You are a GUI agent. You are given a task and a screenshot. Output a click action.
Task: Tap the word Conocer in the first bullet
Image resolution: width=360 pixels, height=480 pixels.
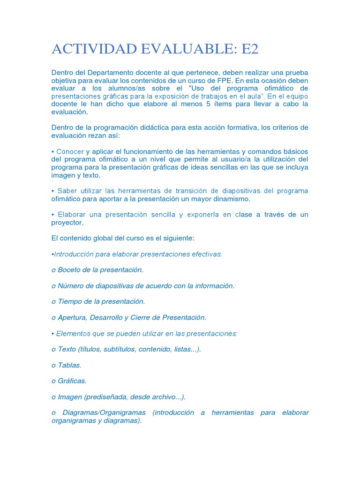coord(70,151)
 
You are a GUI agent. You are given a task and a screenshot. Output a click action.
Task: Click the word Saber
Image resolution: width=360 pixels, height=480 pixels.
coord(67,191)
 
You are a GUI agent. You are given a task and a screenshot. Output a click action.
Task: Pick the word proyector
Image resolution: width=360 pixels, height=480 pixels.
coord(66,223)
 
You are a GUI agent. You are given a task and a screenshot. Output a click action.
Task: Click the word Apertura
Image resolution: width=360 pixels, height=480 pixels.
coord(72,317)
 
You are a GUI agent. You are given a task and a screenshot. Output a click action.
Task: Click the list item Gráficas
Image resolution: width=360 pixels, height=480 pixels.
coord(72,381)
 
